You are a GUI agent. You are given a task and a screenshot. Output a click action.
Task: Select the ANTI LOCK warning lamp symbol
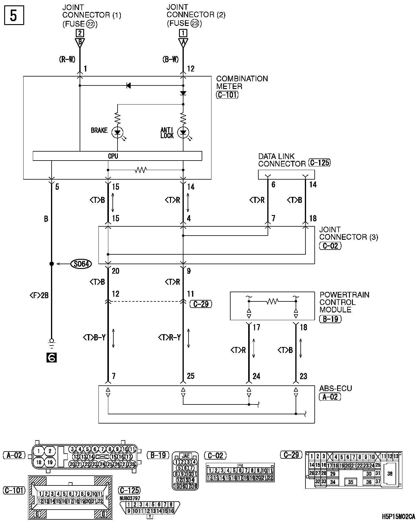(183, 133)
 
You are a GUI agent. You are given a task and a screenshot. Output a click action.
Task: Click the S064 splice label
(81, 264)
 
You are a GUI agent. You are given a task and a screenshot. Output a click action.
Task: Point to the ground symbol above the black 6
(51, 344)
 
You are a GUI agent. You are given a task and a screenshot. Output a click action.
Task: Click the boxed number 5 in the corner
(14, 15)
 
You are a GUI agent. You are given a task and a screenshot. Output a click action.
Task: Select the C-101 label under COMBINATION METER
(227, 95)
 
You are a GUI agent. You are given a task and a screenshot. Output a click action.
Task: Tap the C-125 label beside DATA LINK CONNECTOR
(319, 163)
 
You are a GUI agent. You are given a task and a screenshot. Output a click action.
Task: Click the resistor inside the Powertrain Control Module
(272, 301)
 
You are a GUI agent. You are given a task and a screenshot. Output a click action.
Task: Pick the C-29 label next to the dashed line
(201, 304)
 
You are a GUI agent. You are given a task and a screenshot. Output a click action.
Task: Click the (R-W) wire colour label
(67, 60)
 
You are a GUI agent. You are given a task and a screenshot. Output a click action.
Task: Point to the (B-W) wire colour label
(171, 60)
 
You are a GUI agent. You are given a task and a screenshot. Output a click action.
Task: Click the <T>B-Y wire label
(94, 337)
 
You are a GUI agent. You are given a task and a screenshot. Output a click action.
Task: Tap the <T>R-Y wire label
(169, 337)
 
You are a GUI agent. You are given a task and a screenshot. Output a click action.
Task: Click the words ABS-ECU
(336, 388)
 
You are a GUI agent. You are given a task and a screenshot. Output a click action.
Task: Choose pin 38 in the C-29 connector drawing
(390, 474)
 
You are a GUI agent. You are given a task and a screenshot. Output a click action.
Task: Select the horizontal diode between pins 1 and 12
(129, 86)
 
